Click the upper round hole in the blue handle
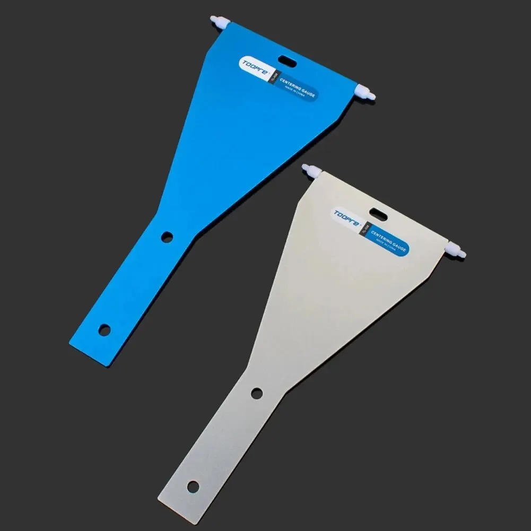[x=168, y=237]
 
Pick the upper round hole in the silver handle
[x=257, y=393]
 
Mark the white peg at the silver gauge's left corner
[x=310, y=171]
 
